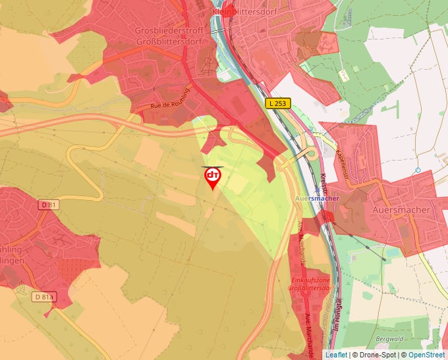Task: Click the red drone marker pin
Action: point(212,177)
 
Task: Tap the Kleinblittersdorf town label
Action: point(242,12)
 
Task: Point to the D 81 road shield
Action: point(49,205)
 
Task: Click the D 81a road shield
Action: point(44,297)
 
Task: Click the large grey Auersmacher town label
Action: point(401,210)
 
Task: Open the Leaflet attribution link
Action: point(336,355)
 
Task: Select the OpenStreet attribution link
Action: point(428,355)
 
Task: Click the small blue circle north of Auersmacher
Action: point(418,170)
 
